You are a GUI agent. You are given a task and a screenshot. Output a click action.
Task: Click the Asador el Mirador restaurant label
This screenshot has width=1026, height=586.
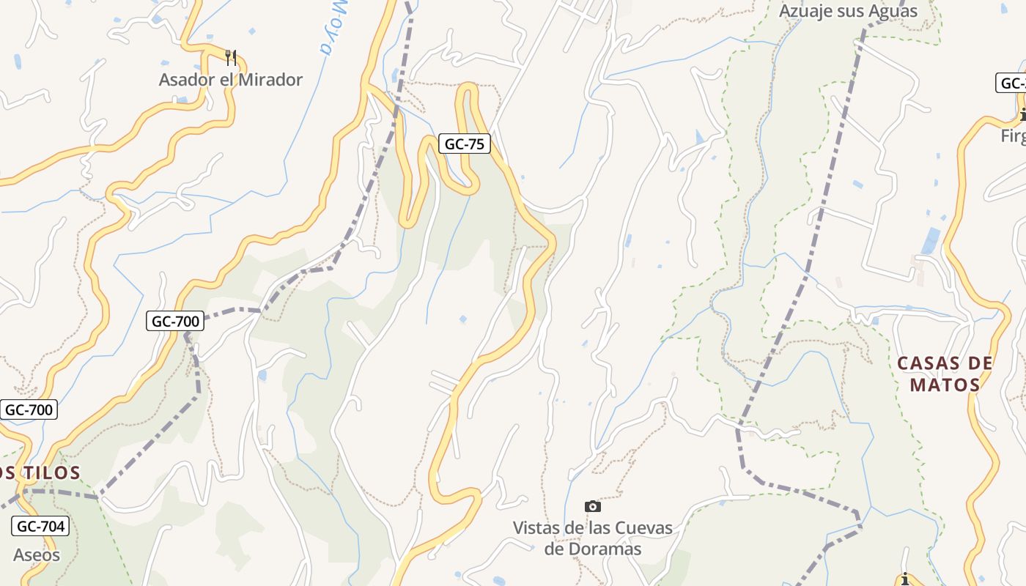(230, 80)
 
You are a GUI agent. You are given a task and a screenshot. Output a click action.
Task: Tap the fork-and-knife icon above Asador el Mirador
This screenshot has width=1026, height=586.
(231, 58)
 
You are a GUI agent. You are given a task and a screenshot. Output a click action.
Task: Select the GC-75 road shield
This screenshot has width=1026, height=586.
(465, 144)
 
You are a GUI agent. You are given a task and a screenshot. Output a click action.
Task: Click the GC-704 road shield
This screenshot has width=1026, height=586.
(41, 526)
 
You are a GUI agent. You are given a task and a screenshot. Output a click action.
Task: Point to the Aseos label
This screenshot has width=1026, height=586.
(37, 555)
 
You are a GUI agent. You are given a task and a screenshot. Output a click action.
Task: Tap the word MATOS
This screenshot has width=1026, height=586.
(945, 385)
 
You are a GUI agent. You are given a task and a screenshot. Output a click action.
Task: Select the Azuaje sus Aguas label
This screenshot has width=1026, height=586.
(848, 12)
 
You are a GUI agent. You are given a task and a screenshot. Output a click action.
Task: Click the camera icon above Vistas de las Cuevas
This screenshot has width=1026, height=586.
(592, 506)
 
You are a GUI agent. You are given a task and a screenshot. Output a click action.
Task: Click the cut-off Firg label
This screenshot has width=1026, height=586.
(1013, 137)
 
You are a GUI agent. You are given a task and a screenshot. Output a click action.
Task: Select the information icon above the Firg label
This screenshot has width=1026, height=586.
(1022, 114)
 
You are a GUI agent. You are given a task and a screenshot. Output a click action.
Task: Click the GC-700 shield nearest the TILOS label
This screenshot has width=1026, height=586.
(29, 409)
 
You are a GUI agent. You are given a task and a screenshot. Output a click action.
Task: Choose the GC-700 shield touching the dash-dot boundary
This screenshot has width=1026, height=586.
(174, 321)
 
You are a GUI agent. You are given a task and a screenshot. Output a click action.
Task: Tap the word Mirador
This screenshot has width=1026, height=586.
(270, 80)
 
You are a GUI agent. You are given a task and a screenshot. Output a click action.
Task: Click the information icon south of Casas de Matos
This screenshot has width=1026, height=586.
(905, 579)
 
